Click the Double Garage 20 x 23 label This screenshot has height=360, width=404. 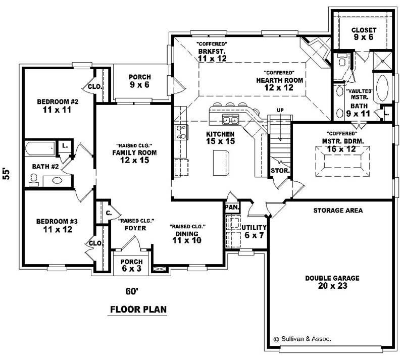coord(332,282)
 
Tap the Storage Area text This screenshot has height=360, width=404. coord(338,210)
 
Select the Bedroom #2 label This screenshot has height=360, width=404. coord(58,106)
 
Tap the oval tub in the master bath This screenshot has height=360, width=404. coord(382,89)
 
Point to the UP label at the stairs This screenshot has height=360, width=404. coord(280,110)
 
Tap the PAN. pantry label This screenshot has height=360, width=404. coord(232,207)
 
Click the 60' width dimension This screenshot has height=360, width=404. coord(132,291)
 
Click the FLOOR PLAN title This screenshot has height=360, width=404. coord(138,309)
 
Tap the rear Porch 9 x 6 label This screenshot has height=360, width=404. coord(139,81)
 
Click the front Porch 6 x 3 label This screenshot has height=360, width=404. coord(131,266)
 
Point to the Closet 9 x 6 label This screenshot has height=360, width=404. coord(364,34)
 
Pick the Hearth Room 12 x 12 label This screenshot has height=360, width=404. coord(279,84)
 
